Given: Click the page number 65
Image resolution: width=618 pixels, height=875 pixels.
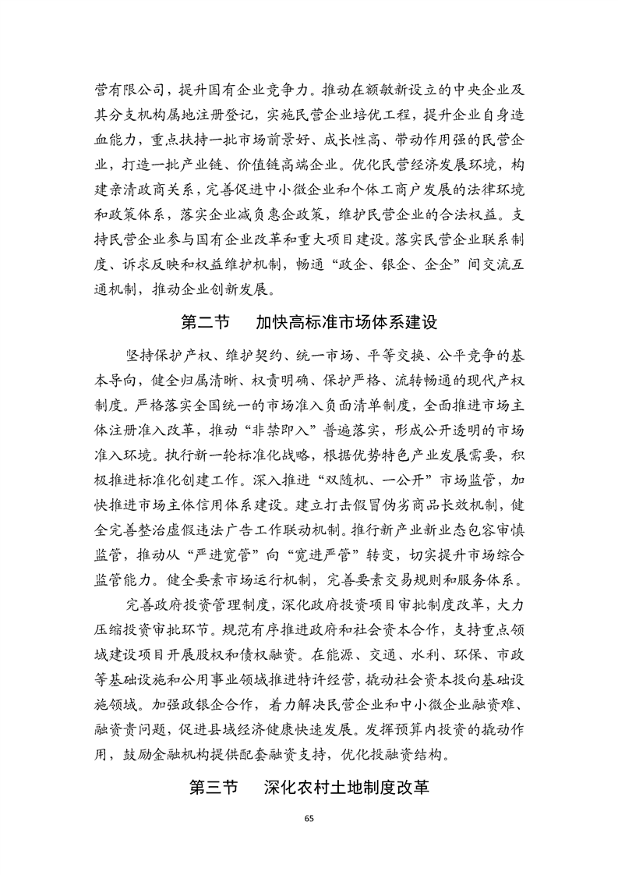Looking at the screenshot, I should (x=309, y=817).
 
